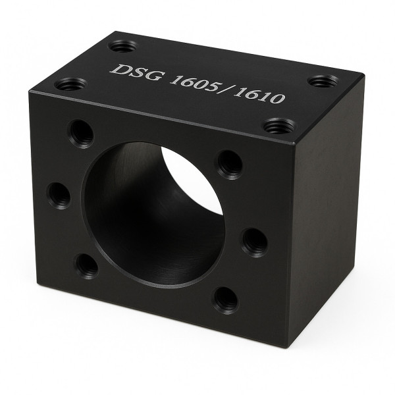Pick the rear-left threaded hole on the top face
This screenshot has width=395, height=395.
(x=124, y=47)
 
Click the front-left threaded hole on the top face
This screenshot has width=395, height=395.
(x=71, y=84)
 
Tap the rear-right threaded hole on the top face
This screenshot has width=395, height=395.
(x=324, y=81)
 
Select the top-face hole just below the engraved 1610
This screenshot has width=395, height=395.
(x=280, y=126)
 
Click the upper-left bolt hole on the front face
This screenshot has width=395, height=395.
(x=80, y=134)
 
